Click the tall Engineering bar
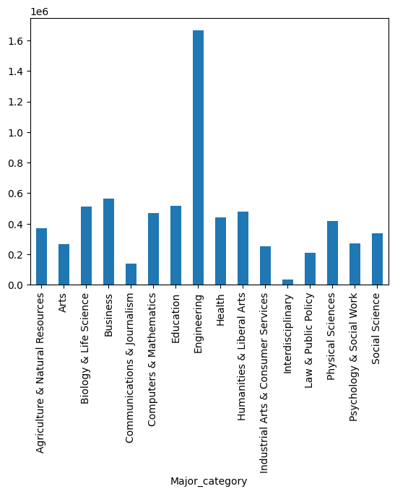(x=198, y=157)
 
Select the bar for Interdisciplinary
(x=287, y=282)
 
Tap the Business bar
(x=108, y=242)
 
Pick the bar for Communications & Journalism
(x=131, y=274)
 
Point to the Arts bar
(x=64, y=264)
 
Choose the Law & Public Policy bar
(x=310, y=269)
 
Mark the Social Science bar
(x=377, y=259)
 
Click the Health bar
(x=220, y=251)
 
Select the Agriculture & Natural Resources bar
(x=42, y=256)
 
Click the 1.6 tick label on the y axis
(x=15, y=41)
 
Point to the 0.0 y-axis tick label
(x=15, y=285)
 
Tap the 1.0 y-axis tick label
(x=15, y=133)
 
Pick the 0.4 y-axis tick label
(x=15, y=225)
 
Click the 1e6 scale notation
(x=40, y=12)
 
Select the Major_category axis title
(x=209, y=482)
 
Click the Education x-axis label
(x=175, y=318)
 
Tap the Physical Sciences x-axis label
(x=331, y=337)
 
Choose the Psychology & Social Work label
(x=353, y=357)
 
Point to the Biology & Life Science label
(x=84, y=348)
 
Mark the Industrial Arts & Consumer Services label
(x=264, y=383)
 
